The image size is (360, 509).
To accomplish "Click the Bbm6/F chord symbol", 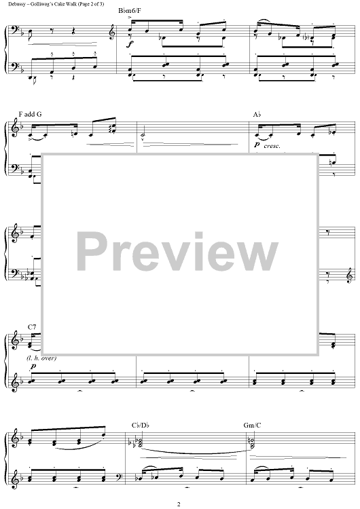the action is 130,11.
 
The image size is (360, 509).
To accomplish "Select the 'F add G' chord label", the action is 30,114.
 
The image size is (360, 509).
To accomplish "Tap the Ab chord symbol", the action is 257,114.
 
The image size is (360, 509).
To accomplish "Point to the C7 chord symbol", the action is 31,327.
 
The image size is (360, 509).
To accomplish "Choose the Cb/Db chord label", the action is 141,426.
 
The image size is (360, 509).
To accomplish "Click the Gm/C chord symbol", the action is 252,426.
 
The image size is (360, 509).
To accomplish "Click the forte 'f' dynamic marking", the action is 130,43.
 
